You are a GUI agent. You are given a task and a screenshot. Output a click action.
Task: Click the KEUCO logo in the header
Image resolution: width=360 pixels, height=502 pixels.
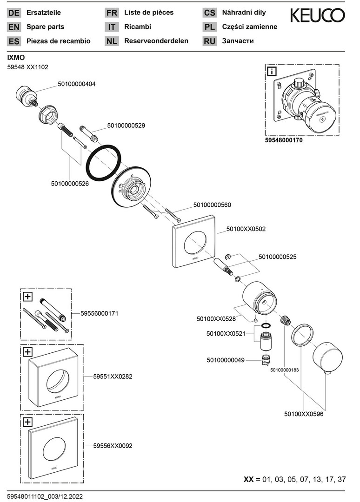tap(318, 16)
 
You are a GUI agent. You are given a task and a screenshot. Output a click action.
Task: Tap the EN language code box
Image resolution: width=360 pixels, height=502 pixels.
tap(14, 27)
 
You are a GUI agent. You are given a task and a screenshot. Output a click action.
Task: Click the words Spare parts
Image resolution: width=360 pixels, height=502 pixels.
tap(46, 27)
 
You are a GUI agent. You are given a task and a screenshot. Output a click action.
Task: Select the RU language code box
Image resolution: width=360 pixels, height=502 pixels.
tap(210, 41)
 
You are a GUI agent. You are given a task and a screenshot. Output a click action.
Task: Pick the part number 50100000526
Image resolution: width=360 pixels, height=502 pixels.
tap(70, 184)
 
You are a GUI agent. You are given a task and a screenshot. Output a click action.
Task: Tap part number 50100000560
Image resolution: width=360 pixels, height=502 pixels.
tap(212, 205)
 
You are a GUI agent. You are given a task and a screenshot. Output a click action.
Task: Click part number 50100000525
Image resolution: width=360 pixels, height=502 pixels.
tap(277, 256)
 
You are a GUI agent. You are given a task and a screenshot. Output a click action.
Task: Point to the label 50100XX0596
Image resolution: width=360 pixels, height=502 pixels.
tap(304, 413)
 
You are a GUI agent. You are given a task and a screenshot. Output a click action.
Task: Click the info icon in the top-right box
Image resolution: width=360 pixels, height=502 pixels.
tap(271, 72)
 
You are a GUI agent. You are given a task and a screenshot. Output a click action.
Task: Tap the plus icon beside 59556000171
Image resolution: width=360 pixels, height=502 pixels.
tap(27, 296)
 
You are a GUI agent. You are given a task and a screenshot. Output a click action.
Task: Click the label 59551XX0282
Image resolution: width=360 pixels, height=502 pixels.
tap(113, 376)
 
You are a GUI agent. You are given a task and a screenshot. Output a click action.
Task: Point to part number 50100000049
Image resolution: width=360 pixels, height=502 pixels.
tap(226, 360)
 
